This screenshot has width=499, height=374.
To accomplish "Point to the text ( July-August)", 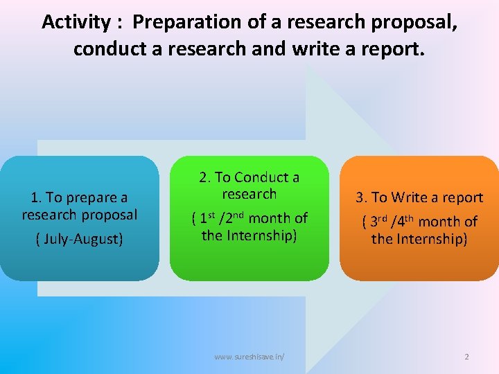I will (79, 239).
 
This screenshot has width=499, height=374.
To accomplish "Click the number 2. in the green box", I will (205, 177).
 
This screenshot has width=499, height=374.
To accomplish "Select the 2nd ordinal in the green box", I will (234, 218).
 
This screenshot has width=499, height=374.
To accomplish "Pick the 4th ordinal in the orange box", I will (405, 222).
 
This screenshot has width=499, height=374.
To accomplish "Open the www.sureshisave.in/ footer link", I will (249, 357).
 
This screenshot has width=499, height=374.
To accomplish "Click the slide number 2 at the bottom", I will (466, 357).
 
